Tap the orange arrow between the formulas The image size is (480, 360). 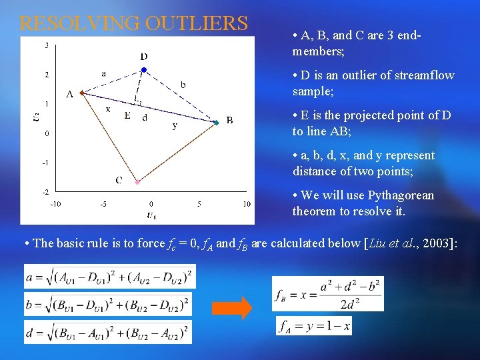coord(232,308)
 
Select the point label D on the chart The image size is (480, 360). coord(144,57)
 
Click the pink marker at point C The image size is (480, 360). coord(137,181)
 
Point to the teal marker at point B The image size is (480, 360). coord(216,123)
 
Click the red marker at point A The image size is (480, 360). coord(81,93)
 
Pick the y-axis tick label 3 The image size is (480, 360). coord(46,45)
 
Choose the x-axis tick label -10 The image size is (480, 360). coord(55,204)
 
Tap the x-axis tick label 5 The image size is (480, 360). coord(199,204)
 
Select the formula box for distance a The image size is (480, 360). coord(110,276)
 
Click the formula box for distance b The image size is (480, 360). coord(107,304)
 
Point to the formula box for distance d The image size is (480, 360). coord(107,332)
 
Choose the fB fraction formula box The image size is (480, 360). coord(328,293)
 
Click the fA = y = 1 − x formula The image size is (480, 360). coord(314,326)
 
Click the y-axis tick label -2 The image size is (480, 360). coord(46,191)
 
